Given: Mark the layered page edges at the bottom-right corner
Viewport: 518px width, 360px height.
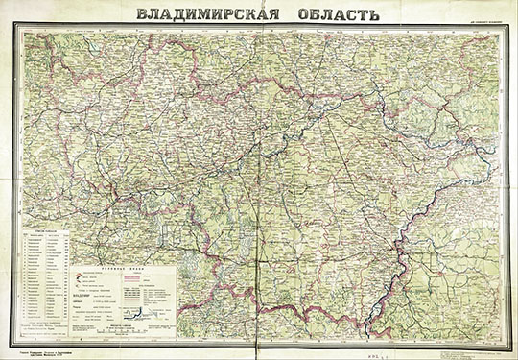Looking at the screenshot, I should [x=510, y=353].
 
